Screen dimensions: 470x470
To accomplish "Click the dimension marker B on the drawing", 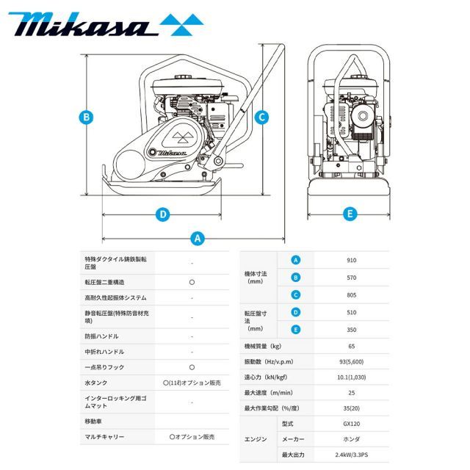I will point(86,116).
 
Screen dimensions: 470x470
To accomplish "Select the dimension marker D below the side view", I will point(163,214).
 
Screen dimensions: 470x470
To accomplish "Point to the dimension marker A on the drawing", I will point(197,238).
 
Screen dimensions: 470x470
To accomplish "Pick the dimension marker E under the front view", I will point(350,214).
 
